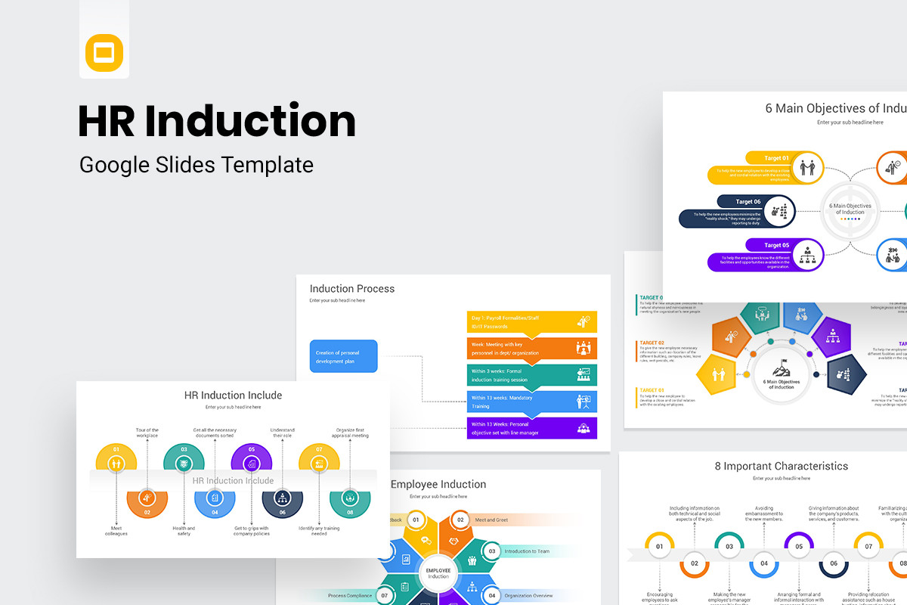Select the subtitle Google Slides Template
pyautogui.click(x=197, y=164)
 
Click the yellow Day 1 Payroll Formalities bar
pyautogui.click(x=532, y=322)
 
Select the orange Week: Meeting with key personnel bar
pyautogui.click(x=532, y=349)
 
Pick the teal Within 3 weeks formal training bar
pyautogui.click(x=532, y=375)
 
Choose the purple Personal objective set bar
pyautogui.click(x=532, y=428)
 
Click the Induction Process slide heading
pyautogui.click(x=352, y=288)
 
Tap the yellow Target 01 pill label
pyautogui.click(x=776, y=158)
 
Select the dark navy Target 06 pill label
pyautogui.click(x=748, y=201)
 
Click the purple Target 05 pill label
pyautogui.click(x=776, y=245)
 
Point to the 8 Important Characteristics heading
pyautogui.click(x=782, y=466)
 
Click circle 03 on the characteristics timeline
pyautogui.click(x=729, y=546)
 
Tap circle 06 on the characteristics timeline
pyautogui.click(x=834, y=563)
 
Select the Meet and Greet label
pyautogui.click(x=491, y=520)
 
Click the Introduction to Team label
pyautogui.click(x=527, y=551)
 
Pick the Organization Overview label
pyautogui.click(x=529, y=596)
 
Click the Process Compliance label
pyautogui.click(x=349, y=596)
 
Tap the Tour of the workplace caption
pyautogui.click(x=147, y=433)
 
